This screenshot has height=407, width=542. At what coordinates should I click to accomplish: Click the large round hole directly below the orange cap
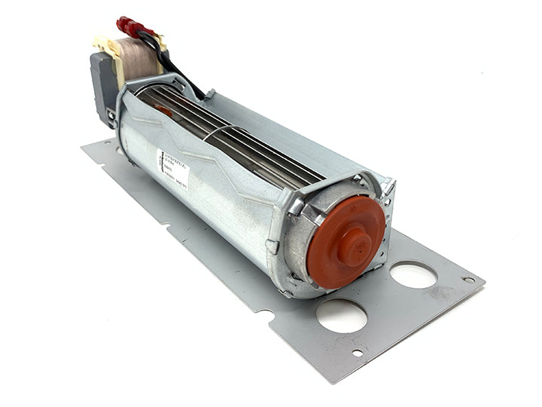(342, 315)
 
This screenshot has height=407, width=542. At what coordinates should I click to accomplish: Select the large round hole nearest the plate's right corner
(413, 275)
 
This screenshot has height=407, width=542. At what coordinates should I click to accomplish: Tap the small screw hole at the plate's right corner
(469, 280)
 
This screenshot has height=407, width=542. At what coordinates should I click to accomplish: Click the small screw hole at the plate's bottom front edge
(357, 353)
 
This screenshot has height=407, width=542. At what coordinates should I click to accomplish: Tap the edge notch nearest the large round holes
(263, 312)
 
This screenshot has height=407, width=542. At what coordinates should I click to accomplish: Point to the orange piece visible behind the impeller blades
(164, 110)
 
